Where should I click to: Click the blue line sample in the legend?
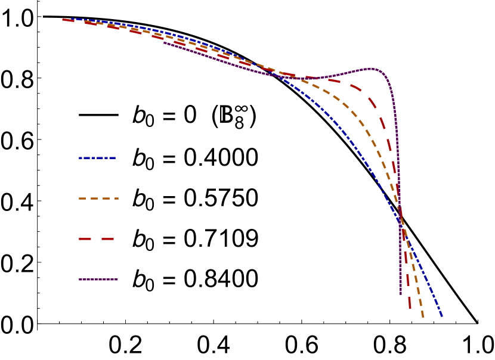tap(97, 158)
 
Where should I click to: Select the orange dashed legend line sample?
tap(98, 198)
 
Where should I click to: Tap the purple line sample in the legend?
tap(98, 279)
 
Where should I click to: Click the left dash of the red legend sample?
tap(85, 239)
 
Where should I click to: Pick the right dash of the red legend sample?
tap(107, 239)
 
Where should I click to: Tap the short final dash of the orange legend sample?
tap(116, 198)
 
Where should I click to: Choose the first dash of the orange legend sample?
tap(82, 198)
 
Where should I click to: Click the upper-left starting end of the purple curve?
tap(165, 42)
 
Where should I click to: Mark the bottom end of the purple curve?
tap(400, 293)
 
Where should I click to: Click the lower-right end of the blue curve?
tap(442, 316)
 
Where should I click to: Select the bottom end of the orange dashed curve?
tap(423, 316)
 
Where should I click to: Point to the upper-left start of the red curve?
tap(64, 20)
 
